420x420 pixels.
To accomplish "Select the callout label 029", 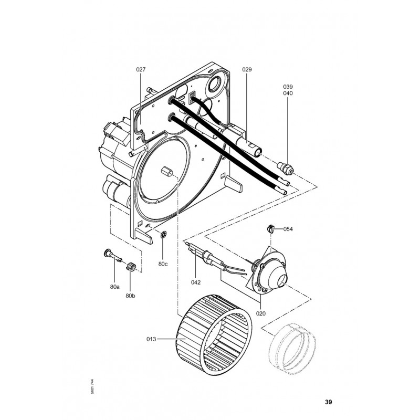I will coord(247,69).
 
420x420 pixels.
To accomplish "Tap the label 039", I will coord(288,86).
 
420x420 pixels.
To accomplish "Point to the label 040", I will coord(288,93).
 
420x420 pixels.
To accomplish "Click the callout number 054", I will coord(288,229).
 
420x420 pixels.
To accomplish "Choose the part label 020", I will coord(261,313).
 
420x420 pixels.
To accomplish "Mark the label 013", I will coord(152,340).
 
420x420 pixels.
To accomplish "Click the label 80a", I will coord(115,287).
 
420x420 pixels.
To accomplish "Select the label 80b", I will coord(131,297).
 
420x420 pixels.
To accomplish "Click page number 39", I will coord(328,402).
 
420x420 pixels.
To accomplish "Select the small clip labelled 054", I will coord(271,228).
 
